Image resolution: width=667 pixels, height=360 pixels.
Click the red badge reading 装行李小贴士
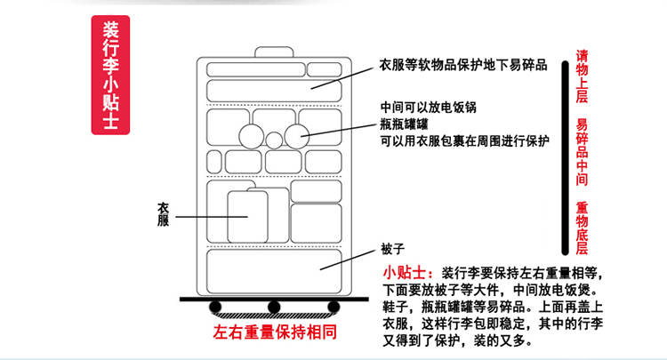pyautogui.click(x=110, y=75)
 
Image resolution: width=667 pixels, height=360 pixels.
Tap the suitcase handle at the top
pyautogui.click(x=274, y=52)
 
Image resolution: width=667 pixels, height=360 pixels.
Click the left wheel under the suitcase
pyautogui.click(x=215, y=307)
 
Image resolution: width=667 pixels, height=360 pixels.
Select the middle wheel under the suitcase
pyautogui.click(x=274, y=307)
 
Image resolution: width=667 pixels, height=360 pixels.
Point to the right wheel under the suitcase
pyautogui.click(x=333, y=307)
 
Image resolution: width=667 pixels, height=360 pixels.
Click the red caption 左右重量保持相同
pyautogui.click(x=275, y=332)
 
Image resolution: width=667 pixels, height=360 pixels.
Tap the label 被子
pyautogui.click(x=392, y=249)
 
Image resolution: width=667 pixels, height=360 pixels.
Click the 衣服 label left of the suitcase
pyautogui.click(x=163, y=214)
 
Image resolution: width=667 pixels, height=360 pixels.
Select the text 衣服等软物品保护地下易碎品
pyautogui.click(x=463, y=65)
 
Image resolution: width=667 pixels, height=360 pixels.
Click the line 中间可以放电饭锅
pyautogui.click(x=429, y=107)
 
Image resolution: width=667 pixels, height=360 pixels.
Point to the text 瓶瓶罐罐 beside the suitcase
pyautogui.click(x=404, y=124)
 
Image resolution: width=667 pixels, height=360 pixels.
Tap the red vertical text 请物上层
pyautogui.click(x=582, y=76)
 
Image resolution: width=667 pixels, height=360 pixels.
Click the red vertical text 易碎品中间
pyautogui.click(x=582, y=152)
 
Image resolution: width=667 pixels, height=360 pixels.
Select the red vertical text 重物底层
pyautogui.click(x=582, y=228)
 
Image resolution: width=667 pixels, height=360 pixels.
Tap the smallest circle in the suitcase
pyautogui.click(x=274, y=140)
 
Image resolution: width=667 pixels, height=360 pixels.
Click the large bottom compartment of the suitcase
pyautogui.click(x=274, y=272)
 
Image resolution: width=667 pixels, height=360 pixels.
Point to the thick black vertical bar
pyautogui.click(x=565, y=158)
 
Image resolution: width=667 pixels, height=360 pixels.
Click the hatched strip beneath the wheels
pyautogui.click(x=275, y=316)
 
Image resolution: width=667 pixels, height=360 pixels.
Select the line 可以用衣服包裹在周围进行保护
pyautogui.click(x=465, y=140)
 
